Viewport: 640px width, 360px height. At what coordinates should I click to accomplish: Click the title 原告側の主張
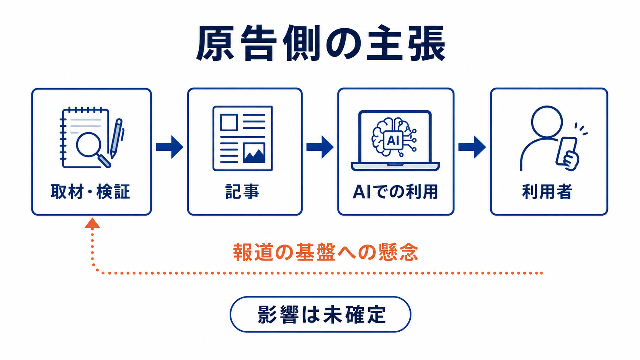[x=320, y=43]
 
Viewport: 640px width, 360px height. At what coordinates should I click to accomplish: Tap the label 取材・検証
[x=91, y=192]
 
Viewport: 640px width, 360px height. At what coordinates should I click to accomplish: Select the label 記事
[x=242, y=192]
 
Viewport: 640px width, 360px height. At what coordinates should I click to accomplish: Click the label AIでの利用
[x=395, y=192]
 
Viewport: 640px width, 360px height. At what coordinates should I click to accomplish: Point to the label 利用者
[x=547, y=192]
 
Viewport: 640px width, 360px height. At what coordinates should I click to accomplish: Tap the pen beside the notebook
[x=116, y=138]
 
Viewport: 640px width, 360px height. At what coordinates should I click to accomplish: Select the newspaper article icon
[x=243, y=138]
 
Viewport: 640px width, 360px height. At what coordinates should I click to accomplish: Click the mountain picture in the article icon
[x=254, y=153]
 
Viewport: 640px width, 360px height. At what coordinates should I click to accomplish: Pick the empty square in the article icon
[x=229, y=122]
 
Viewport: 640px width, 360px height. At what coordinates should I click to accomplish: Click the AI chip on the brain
[x=393, y=140]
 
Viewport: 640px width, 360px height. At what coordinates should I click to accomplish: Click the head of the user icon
[x=547, y=122]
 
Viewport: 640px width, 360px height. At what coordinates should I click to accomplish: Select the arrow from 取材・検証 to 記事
[x=170, y=147]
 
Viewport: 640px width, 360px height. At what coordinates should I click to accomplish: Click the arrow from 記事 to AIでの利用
[x=320, y=147]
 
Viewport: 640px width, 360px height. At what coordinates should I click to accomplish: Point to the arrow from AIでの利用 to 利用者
[x=472, y=147]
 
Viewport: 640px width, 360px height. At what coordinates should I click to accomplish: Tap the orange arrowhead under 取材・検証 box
[x=92, y=223]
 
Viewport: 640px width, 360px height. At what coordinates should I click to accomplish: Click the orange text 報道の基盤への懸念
[x=326, y=252]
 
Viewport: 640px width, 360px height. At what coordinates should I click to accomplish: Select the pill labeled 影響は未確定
[x=320, y=314]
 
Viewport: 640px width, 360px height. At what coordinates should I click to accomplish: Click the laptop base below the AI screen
[x=395, y=166]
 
